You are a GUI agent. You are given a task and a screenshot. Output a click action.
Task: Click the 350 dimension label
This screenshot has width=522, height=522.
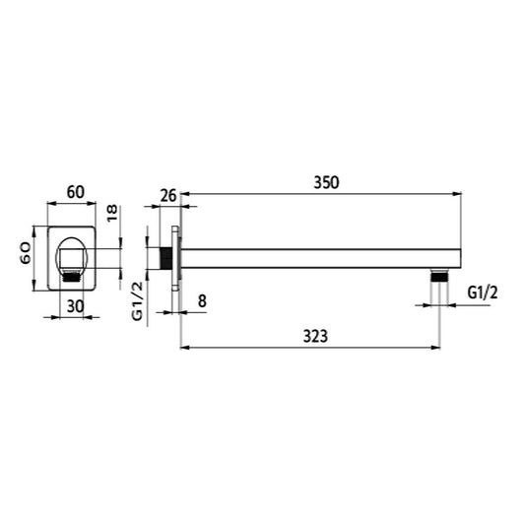(x=326, y=183)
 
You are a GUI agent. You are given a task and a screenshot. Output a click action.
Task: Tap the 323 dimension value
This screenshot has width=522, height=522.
(x=315, y=336)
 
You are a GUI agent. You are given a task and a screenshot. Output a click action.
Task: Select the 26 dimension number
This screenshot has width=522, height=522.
(x=168, y=195)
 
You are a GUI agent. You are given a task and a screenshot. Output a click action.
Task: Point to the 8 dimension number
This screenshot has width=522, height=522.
(x=202, y=301)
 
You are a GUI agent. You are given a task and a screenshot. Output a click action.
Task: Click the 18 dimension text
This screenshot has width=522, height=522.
(x=112, y=214)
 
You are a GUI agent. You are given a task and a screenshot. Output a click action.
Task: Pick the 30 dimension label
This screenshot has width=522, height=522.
(x=75, y=306)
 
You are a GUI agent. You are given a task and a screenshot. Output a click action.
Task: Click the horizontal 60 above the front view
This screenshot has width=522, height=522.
(x=76, y=192)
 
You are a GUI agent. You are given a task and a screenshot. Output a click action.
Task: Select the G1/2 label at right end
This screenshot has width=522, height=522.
(x=483, y=293)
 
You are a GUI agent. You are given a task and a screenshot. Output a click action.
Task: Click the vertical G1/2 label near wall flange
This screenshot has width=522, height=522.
(x=137, y=301)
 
